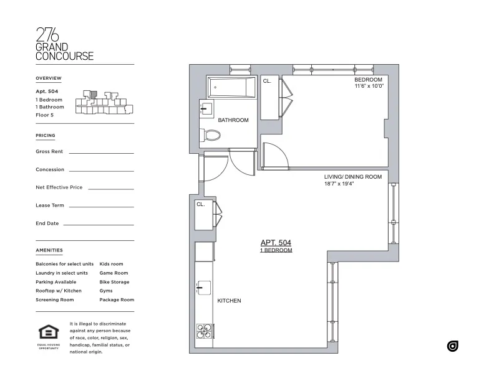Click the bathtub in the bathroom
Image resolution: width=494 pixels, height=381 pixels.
tap(230, 87)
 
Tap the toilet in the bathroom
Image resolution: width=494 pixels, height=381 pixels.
tap(211, 135)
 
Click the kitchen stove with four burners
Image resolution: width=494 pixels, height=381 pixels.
tap(204, 331)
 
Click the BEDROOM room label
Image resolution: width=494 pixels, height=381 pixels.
tap(368, 80)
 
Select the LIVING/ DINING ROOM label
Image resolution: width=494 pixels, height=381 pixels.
tap(352, 177)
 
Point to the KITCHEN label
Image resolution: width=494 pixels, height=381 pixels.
tap(229, 301)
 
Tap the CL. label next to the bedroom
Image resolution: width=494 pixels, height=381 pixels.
tap(267, 82)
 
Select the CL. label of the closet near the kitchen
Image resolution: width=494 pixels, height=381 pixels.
tap(201, 204)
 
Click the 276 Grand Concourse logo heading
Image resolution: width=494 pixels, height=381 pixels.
tap(64, 44)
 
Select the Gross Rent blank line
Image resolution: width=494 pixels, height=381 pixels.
tap(101, 153)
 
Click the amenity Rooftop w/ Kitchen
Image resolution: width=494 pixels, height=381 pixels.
tap(59, 291)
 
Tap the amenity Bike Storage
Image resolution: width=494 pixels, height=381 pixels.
tap(114, 282)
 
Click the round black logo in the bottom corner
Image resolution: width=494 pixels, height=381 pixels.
tap(452, 346)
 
